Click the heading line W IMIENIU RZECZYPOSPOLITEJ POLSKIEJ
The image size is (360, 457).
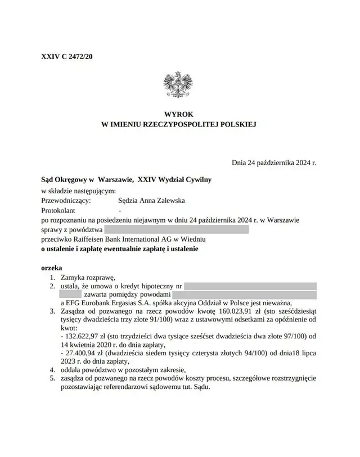[178, 124]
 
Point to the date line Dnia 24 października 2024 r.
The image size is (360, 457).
[274, 162]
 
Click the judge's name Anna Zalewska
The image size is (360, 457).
[163, 200]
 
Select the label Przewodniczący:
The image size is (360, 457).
[66, 200]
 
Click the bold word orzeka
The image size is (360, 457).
[52, 266]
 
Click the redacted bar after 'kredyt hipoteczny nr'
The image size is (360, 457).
[250, 286]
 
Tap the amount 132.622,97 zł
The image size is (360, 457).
[82, 336]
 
